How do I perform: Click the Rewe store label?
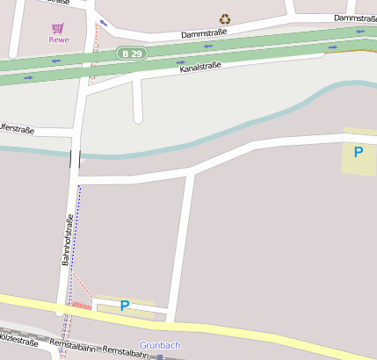coord(58,39)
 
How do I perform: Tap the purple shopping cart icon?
coord(58,27)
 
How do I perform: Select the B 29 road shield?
coord(130,54)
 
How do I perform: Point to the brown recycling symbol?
coord(225,18)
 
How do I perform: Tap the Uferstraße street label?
coord(17,130)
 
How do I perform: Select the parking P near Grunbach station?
coord(124,306)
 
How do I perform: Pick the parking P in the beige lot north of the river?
coord(358,152)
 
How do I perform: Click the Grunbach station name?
coord(160,345)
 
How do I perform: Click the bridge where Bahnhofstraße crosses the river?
coord(75,158)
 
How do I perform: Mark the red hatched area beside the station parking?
coord(81,305)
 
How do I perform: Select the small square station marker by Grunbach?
coord(160,356)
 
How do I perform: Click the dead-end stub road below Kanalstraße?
coord(137,101)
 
